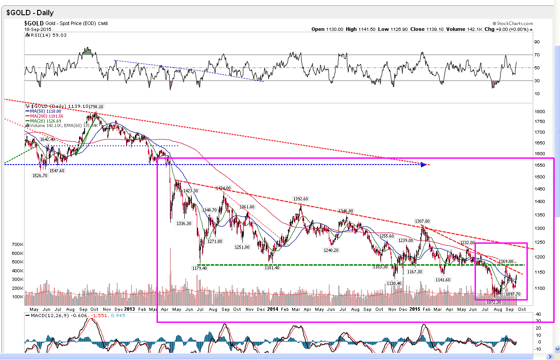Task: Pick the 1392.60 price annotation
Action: tap(301, 199)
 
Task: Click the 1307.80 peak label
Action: tap(422, 221)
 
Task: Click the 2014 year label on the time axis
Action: tap(273, 309)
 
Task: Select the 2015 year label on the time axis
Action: tap(415, 309)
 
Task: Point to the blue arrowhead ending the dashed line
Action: tap(424, 165)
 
